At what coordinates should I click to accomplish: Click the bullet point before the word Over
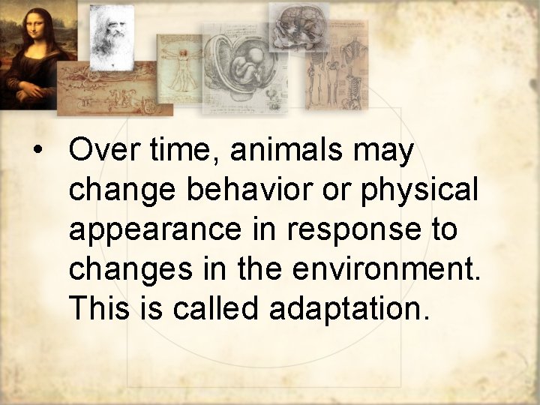(35, 151)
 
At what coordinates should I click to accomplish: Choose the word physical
(419, 191)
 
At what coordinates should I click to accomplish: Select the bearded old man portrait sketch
(111, 34)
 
